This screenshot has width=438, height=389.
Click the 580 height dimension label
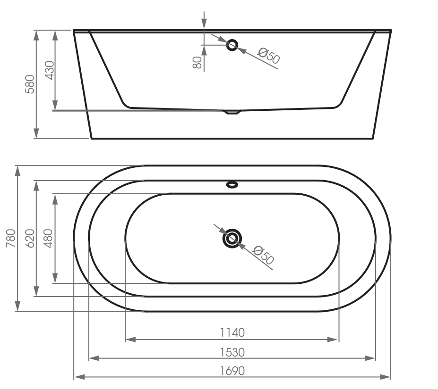point(29,83)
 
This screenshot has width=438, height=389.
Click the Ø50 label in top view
point(263,255)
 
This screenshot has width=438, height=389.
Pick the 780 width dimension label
point(11,238)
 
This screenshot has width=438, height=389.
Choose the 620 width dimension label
point(30,238)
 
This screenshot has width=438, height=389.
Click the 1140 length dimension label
point(232,332)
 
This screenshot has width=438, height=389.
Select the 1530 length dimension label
point(232,352)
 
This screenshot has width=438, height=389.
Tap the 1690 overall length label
point(232,371)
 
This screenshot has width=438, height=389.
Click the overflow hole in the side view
point(232,45)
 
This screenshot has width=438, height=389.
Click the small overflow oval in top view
point(232,184)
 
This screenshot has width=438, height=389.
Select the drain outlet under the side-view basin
point(232,113)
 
